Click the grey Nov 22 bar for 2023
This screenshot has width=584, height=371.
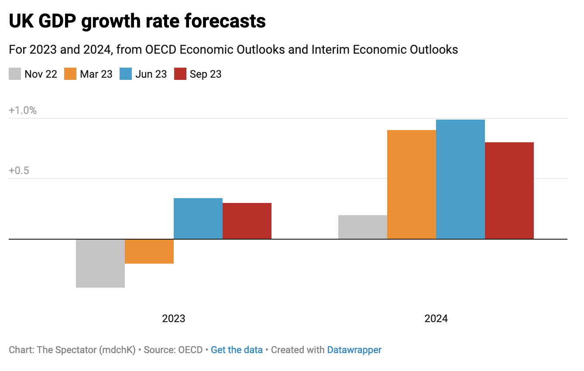pos(100,263)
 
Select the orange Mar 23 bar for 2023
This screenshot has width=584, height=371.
pos(149,251)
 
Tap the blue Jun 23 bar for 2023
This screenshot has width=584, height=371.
pos(198,219)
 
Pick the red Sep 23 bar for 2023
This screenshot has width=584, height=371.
pos(247,221)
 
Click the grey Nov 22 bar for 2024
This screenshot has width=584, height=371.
pos(363,227)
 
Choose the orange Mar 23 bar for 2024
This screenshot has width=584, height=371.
pos(412,185)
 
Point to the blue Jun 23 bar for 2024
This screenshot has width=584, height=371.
pos(460,179)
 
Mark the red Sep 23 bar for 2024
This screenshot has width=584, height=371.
pos(509,191)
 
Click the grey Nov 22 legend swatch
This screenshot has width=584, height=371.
pos(15,74)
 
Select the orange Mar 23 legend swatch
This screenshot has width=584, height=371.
pos(70,74)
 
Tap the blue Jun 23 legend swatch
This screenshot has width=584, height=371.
pos(126,74)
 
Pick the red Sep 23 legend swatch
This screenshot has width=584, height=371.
pos(180,74)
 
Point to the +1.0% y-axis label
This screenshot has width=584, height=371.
pos(23,110)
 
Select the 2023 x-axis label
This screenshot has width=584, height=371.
pos(174,319)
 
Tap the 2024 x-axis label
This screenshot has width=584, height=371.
pos(436,319)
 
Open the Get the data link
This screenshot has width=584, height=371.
pos(237,350)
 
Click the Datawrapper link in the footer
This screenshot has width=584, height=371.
pos(354,350)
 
